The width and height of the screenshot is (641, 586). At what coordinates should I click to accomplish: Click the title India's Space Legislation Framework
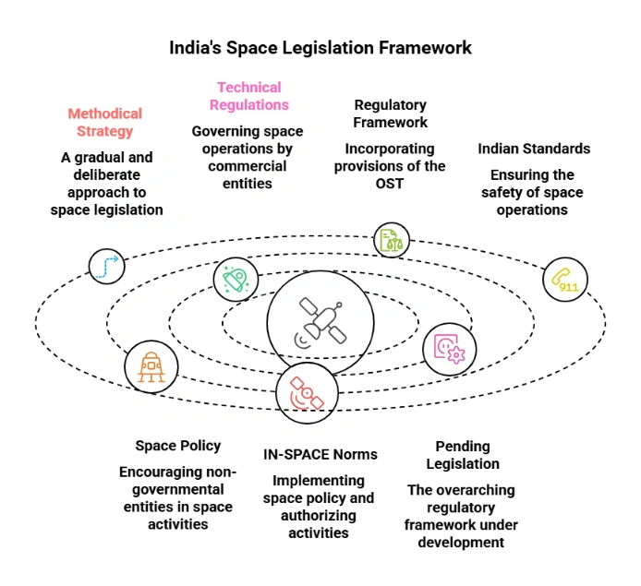click(320, 47)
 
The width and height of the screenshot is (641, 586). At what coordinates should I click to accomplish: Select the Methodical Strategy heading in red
click(105, 122)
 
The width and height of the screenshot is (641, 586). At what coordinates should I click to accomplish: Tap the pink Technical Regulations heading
click(249, 96)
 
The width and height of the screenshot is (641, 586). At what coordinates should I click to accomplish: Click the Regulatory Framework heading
click(391, 114)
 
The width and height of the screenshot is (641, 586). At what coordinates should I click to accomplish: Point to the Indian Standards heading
click(534, 149)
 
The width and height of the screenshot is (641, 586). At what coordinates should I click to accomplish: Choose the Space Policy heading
click(178, 446)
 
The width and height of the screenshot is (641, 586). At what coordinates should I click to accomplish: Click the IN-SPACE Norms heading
click(320, 455)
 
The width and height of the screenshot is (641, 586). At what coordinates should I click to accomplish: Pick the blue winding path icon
click(107, 266)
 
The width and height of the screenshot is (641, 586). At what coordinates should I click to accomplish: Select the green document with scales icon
click(391, 240)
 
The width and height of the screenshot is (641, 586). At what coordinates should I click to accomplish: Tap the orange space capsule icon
click(151, 366)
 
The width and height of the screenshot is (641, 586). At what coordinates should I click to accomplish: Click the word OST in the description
click(390, 184)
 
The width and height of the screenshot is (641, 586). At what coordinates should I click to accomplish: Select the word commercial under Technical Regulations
click(248, 166)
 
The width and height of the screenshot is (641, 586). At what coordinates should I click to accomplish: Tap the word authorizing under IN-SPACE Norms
click(319, 515)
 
